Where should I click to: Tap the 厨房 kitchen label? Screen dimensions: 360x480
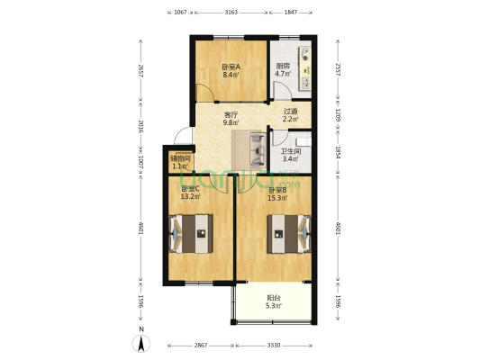[x=283, y=66]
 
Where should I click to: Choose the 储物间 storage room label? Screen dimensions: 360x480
[x=180, y=159]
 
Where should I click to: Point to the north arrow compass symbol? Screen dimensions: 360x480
[x=140, y=342]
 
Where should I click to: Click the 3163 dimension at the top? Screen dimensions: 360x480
[x=231, y=13]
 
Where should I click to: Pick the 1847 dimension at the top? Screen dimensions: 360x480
[x=291, y=13]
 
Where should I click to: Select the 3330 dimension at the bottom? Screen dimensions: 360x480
[x=274, y=345]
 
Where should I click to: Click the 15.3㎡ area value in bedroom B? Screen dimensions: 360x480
[x=276, y=198]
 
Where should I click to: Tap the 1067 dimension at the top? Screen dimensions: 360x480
[x=180, y=13]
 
